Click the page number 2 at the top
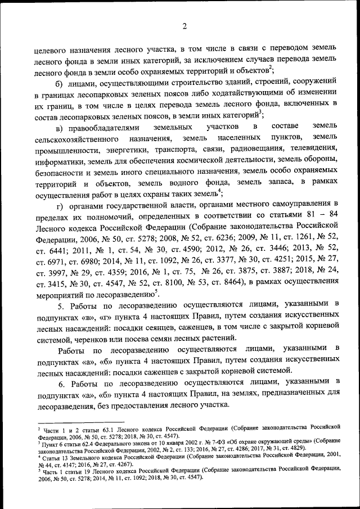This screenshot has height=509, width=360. tap(184, 25)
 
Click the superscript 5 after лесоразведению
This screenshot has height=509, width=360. tap(156, 291)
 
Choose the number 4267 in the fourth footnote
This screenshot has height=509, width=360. tap(129, 465)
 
